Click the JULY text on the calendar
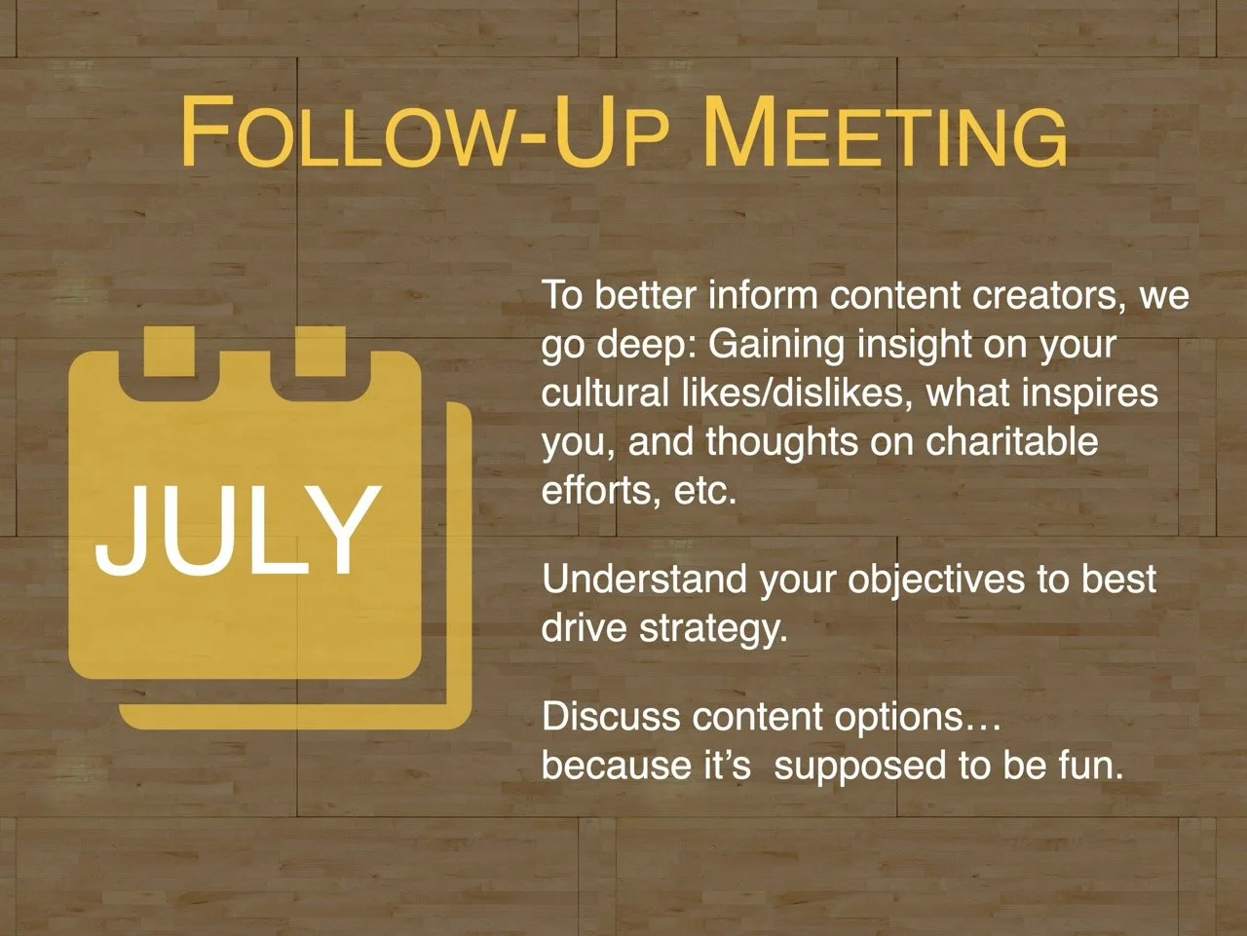coord(237,530)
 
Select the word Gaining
coord(775,344)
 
